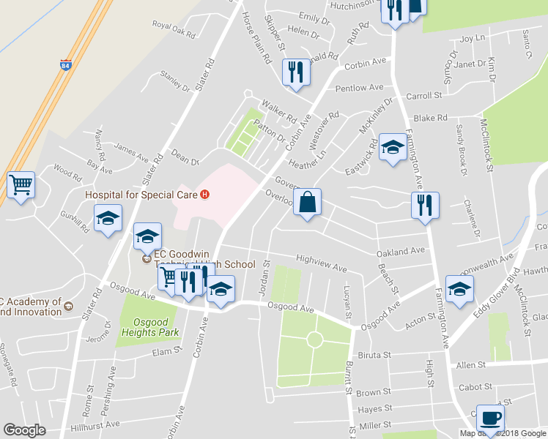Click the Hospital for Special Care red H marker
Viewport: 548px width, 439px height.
coord(205,195)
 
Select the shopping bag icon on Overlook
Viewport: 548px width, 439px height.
coord(308,202)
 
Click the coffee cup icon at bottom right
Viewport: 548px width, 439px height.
coord(490,418)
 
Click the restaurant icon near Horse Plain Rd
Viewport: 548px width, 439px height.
coord(295,72)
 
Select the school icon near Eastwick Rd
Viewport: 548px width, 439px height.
coord(393,148)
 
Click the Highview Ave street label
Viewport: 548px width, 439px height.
coord(321,263)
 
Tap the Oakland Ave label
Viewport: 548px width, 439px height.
coord(401,251)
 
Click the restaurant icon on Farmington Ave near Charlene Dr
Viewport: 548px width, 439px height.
coord(424,206)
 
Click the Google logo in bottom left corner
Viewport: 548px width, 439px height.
coord(24,429)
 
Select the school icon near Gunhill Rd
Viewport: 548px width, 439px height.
coord(108,218)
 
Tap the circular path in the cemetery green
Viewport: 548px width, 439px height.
coord(315,339)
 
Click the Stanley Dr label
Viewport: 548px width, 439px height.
coord(174,81)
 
